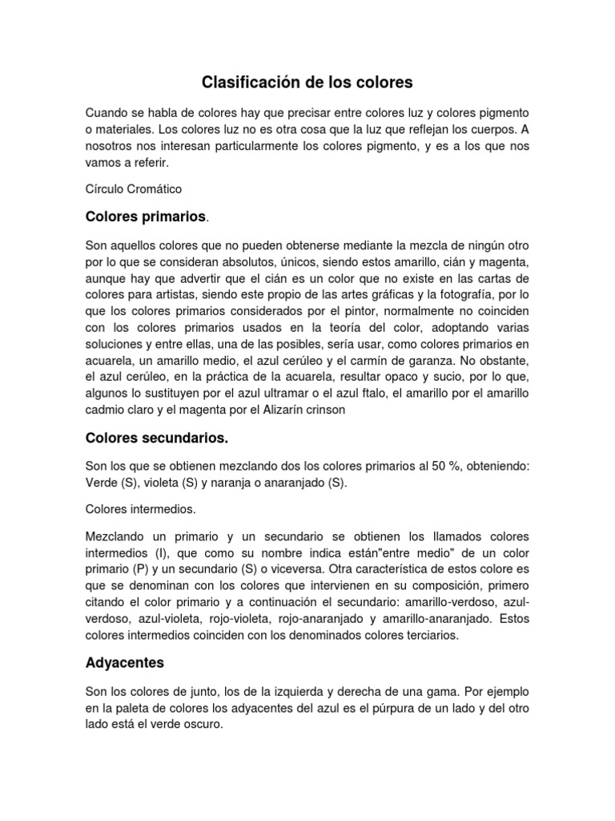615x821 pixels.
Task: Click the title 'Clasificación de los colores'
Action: [x=307, y=82]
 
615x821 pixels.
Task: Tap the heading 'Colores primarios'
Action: [x=145, y=217]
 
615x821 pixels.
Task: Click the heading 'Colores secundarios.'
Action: [x=156, y=439]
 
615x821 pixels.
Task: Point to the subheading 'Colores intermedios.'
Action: [x=140, y=508]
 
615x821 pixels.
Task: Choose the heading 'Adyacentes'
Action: [x=124, y=663]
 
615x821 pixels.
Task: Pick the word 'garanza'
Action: [x=434, y=359]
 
